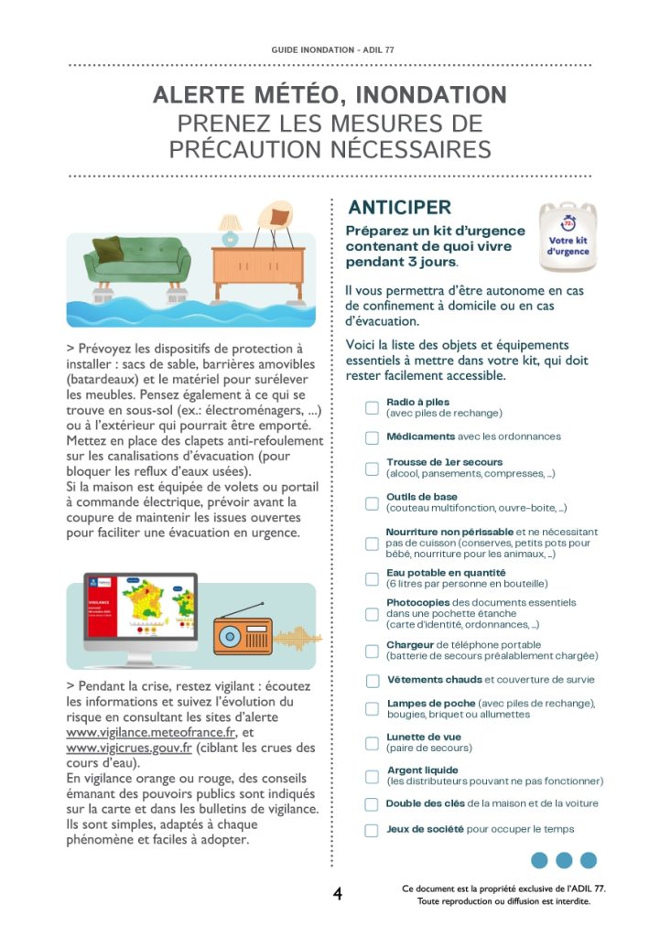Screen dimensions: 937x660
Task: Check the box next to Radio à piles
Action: pos(372,407)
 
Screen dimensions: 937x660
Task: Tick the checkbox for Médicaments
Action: pos(372,437)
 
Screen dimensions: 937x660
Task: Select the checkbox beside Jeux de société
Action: pos(372,831)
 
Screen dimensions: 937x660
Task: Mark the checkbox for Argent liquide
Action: pos(372,777)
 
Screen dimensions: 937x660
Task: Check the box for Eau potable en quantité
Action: pos(372,579)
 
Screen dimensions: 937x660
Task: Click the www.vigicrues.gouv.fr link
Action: pos(129,748)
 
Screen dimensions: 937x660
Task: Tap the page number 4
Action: pos(338,894)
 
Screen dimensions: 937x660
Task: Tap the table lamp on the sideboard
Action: pos(229,228)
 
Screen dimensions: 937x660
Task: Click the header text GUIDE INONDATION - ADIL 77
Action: pos(330,48)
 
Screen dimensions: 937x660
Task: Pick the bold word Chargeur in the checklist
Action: pos(409,645)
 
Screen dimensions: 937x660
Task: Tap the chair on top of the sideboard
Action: pos(273,223)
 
